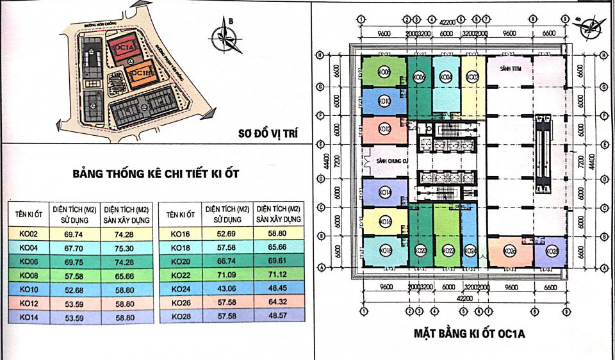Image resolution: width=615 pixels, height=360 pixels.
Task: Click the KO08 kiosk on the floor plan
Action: tap(383, 71)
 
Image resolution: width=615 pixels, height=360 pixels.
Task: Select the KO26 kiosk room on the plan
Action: tap(511, 252)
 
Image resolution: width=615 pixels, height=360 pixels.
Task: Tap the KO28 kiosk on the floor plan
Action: tap(552, 252)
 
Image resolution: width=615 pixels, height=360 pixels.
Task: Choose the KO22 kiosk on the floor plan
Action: tap(447, 251)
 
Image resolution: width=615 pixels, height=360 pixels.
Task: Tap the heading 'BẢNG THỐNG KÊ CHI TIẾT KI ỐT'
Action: tap(151, 174)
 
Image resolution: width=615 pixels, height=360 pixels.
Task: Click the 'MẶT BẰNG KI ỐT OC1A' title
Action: tap(470, 333)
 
